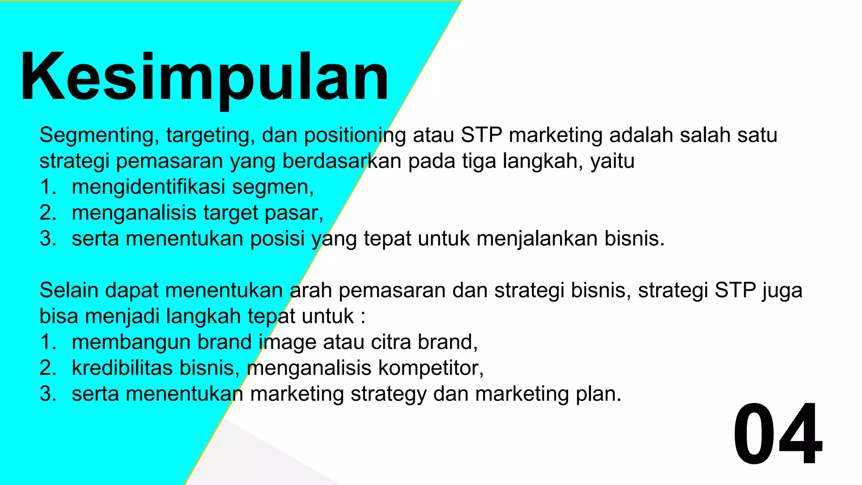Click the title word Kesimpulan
click(204, 78)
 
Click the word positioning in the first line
click(355, 136)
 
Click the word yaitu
click(612, 162)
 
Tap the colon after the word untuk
click(363, 317)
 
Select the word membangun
click(131, 342)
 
